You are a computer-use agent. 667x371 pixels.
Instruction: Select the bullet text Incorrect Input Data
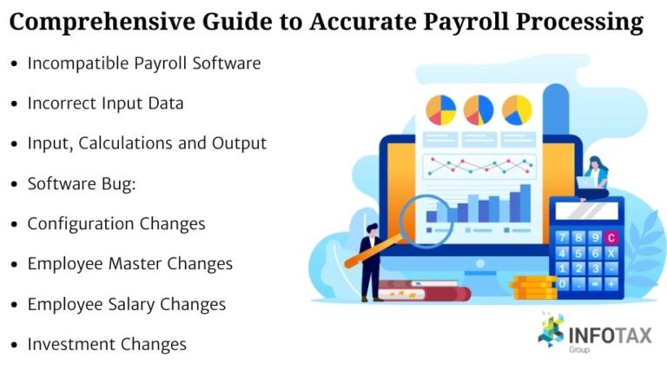(105, 103)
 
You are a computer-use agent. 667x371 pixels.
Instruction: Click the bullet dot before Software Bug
(14, 184)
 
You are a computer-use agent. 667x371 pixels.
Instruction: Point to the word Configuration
(81, 223)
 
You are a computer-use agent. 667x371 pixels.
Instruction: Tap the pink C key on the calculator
(611, 236)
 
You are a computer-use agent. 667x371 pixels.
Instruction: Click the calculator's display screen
(588, 212)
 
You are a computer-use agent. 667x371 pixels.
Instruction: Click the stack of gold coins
(532, 287)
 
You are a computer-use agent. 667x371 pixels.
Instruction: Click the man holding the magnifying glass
(370, 261)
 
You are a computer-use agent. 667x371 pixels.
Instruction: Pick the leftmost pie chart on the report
(440, 109)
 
